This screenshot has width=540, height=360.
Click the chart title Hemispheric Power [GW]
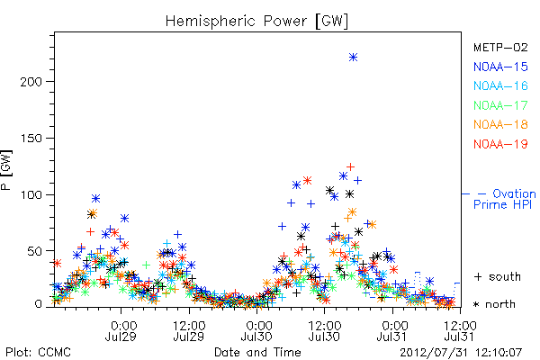tap(256, 22)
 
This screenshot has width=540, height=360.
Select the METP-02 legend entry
tap(500, 47)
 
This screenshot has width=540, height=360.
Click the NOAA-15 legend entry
tap(500, 67)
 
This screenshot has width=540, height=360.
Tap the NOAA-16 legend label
tap(500, 85)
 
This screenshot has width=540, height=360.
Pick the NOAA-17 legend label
tap(500, 105)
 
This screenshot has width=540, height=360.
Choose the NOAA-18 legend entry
tap(500, 124)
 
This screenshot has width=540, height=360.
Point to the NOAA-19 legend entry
tap(500, 144)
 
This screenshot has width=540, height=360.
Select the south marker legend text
tap(498, 276)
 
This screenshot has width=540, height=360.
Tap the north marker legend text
tap(494, 304)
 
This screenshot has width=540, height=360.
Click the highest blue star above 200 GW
tap(353, 58)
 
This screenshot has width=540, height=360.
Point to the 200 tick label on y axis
tap(31, 82)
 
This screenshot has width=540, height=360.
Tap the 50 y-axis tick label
tap(34, 251)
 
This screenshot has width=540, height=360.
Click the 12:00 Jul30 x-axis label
tap(324, 331)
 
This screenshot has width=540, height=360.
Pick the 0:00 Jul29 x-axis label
tap(121, 331)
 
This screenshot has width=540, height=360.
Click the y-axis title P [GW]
tap(6, 170)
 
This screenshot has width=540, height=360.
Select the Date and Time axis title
tap(257, 353)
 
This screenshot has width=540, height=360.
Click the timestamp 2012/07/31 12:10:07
tap(461, 353)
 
